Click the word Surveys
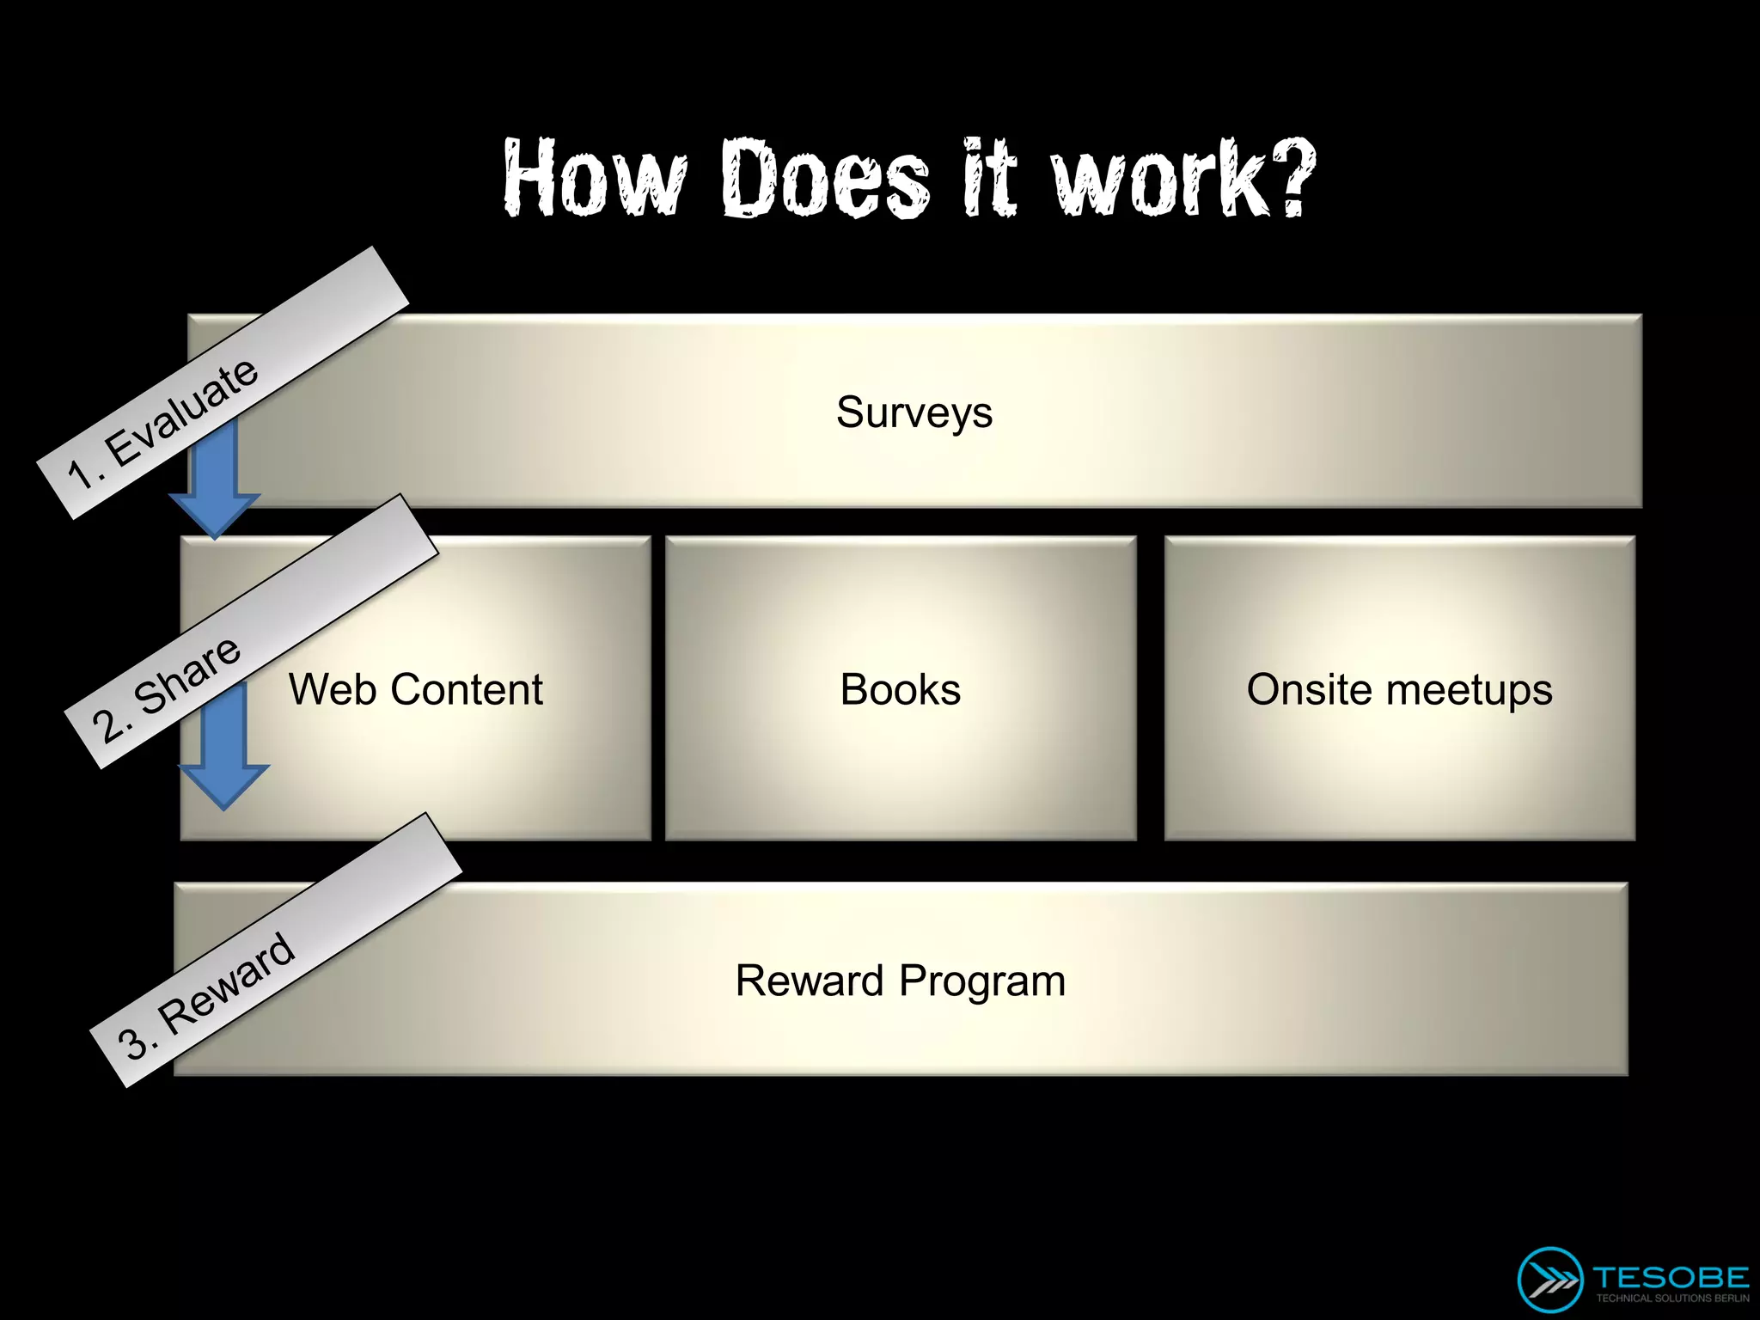(914, 412)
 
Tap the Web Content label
(416, 689)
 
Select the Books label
(901, 689)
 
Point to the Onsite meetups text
(1399, 689)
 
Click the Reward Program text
(901, 981)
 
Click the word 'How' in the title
(595, 178)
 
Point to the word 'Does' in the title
(825, 178)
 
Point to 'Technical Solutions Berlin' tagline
(1671, 1299)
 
